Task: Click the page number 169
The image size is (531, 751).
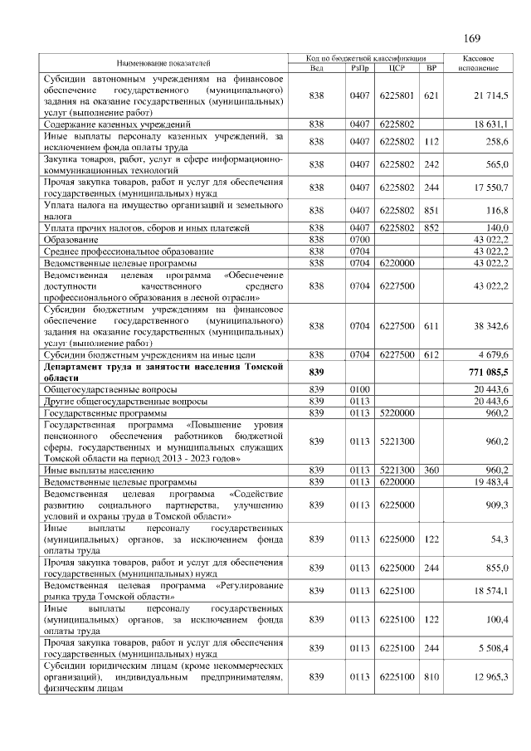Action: (472, 38)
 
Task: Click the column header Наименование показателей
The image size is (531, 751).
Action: (163, 63)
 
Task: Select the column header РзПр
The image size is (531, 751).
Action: (359, 68)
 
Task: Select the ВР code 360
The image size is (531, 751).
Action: (430, 470)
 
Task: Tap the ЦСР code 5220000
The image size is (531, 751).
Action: (396, 412)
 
